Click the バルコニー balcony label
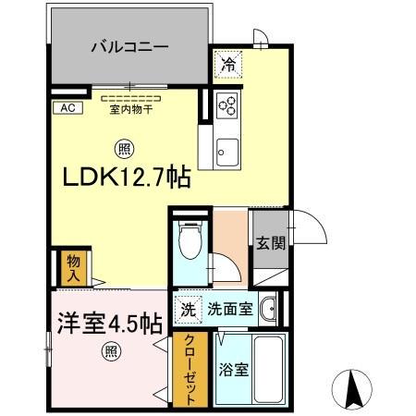128,44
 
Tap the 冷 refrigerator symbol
226,66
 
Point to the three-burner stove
227,105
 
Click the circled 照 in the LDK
122,145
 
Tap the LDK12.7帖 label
128,176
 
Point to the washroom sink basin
268,310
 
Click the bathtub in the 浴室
270,368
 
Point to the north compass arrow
356,388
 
